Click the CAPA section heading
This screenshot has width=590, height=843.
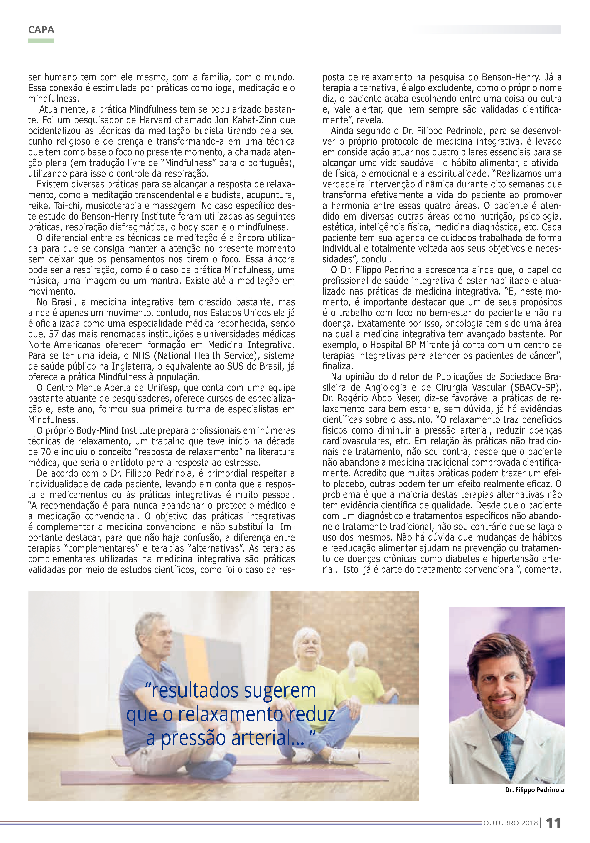pyautogui.click(x=41, y=30)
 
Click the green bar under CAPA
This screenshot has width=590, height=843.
pyautogui.click(x=41, y=41)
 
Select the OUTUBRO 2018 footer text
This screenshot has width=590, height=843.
pyautogui.click(x=510, y=823)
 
